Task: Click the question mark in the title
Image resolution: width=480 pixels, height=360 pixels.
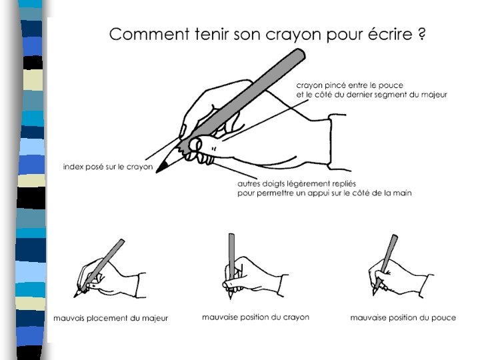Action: (421, 34)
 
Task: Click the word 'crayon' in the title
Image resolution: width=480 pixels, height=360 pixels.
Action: (294, 35)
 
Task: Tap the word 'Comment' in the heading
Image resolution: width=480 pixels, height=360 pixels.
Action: (149, 34)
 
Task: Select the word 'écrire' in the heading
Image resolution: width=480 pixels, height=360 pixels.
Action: (390, 34)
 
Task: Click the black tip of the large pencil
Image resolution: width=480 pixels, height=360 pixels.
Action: (161, 168)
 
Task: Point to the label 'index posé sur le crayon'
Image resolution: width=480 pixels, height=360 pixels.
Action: (108, 167)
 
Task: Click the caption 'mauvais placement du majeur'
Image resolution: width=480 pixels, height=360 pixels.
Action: (111, 319)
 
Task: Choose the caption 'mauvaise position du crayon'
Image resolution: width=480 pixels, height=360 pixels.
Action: (255, 317)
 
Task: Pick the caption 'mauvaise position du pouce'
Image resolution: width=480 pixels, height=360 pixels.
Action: (403, 318)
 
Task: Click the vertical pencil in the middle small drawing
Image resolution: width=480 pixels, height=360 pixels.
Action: (231, 257)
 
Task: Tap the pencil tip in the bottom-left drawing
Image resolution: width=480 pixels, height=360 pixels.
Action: (77, 295)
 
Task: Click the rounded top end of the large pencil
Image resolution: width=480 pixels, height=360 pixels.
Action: (299, 55)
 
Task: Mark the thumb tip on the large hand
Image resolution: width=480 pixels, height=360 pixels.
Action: (195, 145)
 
